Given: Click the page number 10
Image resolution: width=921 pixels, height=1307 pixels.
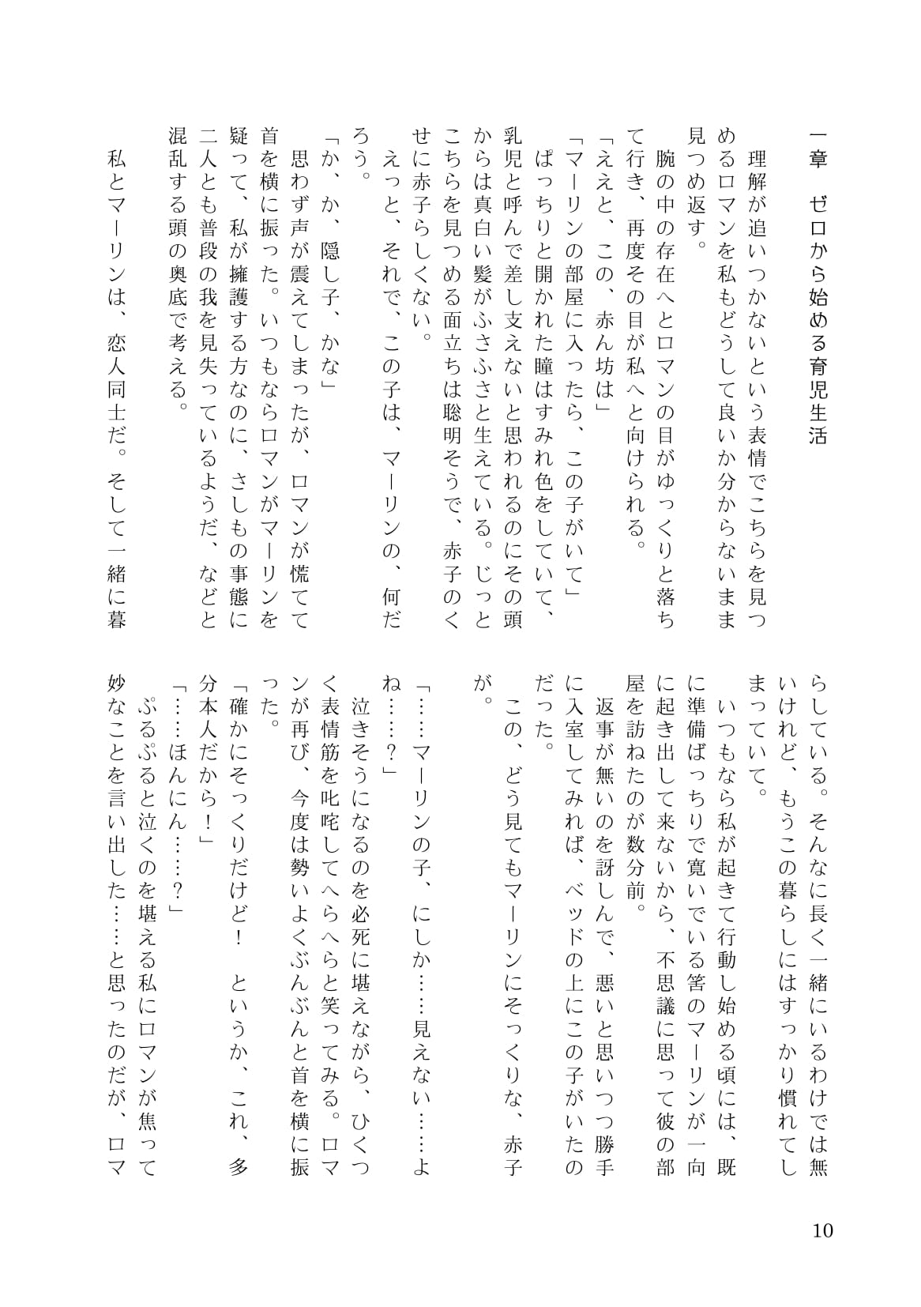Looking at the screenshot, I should pos(822,1230).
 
